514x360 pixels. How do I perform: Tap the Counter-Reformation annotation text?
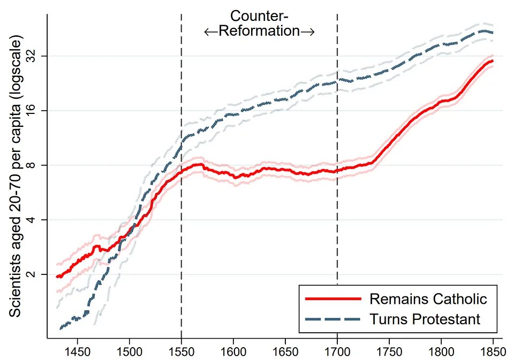coord(259,24)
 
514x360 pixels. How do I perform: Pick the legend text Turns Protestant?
coord(425,319)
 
